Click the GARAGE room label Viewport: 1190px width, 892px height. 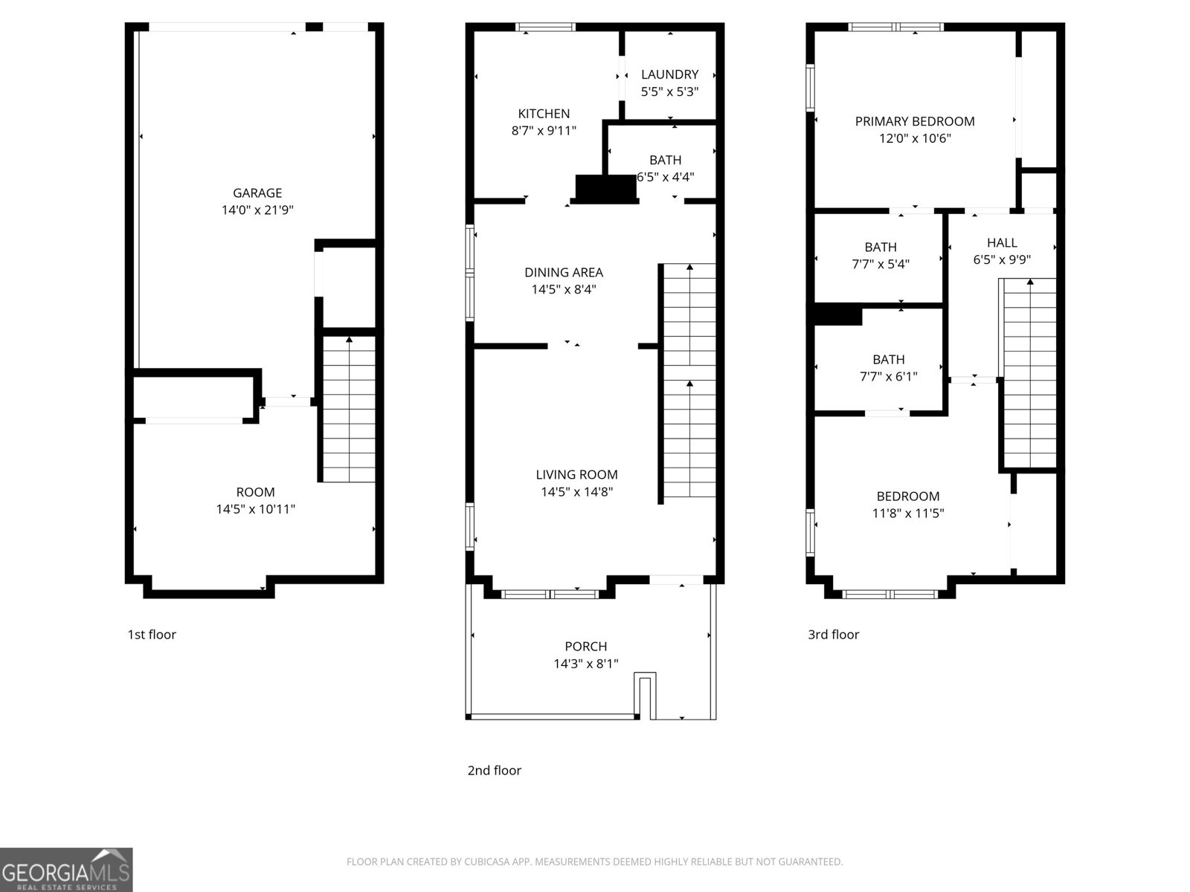[257, 193]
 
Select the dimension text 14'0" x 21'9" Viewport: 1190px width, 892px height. [257, 210]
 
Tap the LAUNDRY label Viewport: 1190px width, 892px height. [669, 74]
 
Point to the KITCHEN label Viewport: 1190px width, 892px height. [544, 114]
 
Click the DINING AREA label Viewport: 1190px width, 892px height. [563, 272]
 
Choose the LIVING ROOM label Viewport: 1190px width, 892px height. [576, 474]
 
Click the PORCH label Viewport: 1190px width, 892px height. [585, 647]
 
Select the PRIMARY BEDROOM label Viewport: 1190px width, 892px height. [914, 121]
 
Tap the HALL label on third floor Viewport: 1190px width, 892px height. [1001, 242]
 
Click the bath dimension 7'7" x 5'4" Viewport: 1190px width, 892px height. [881, 264]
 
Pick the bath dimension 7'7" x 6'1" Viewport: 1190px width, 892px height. [888, 377]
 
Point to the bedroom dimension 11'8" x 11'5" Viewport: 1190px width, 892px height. [907, 513]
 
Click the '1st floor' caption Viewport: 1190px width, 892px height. [152, 634]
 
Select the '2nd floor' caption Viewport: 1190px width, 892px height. [494, 770]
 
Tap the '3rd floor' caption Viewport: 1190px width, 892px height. [833, 634]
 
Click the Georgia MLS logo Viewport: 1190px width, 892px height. [66, 869]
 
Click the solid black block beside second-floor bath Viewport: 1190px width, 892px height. [606, 189]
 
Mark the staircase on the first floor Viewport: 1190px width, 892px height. [348, 409]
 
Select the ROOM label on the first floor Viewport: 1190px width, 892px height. [255, 492]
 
